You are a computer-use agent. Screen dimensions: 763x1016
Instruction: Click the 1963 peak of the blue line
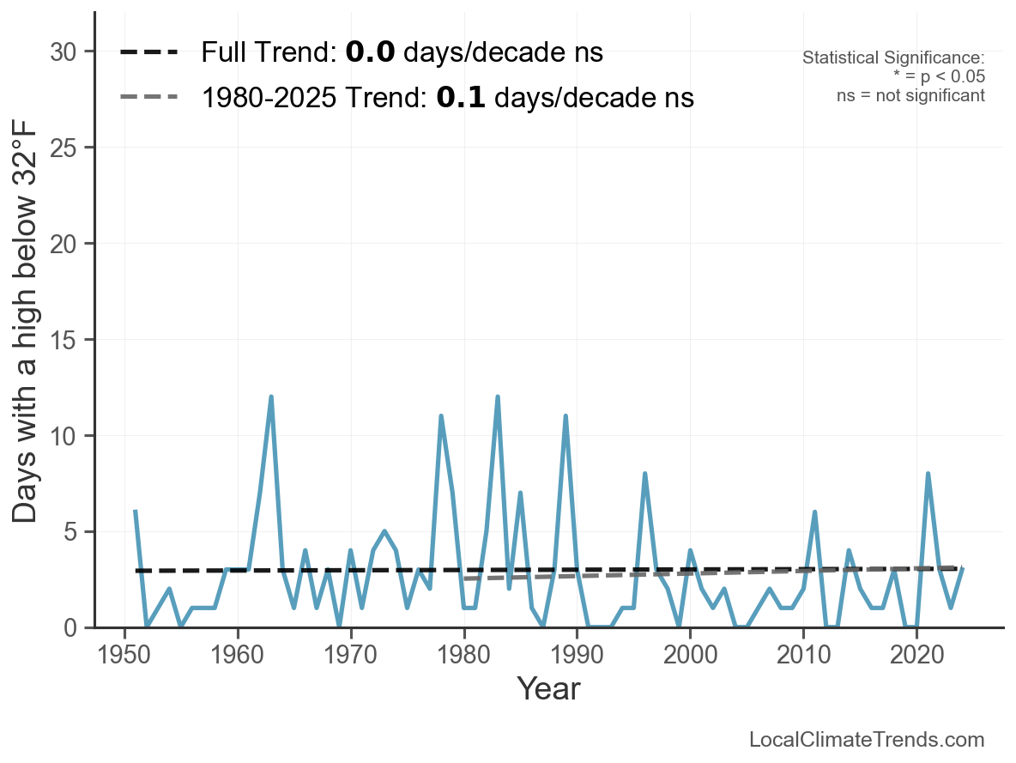[x=271, y=397]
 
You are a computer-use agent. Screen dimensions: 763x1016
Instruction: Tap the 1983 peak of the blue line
[x=498, y=397]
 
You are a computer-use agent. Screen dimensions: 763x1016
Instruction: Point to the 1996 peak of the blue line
[x=644, y=474]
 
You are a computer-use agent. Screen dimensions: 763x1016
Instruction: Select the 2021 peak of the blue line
[x=928, y=474]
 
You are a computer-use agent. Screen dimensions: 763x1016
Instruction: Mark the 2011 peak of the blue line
[x=814, y=512]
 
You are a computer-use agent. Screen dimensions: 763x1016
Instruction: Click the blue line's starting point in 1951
[x=136, y=512]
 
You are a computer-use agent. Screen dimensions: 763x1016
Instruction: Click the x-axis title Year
[x=548, y=688]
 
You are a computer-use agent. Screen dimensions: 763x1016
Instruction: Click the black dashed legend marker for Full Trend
[x=148, y=52]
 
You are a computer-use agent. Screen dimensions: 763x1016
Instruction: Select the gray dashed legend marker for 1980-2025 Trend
[x=148, y=98]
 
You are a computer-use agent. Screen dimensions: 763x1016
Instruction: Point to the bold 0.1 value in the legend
[x=461, y=98]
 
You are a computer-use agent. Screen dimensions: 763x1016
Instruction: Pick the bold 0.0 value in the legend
[x=370, y=52]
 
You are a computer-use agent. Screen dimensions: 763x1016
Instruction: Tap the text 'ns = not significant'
[x=910, y=95]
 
